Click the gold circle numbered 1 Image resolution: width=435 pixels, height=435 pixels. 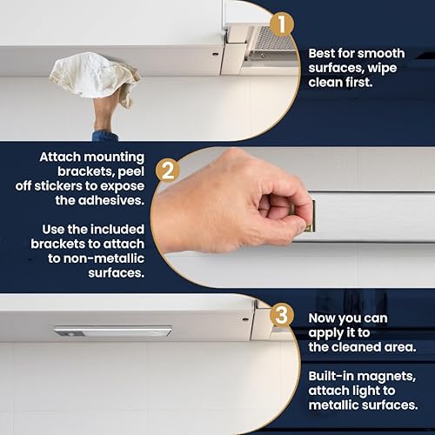(x=280, y=24)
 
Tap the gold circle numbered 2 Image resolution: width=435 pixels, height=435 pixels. (x=168, y=168)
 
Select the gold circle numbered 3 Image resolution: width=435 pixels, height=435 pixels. (x=280, y=314)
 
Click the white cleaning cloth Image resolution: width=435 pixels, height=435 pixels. (x=94, y=77)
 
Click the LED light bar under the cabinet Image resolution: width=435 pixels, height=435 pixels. (x=112, y=331)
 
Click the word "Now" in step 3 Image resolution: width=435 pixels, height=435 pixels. (x=324, y=319)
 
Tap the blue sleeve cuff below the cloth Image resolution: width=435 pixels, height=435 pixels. (x=105, y=137)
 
